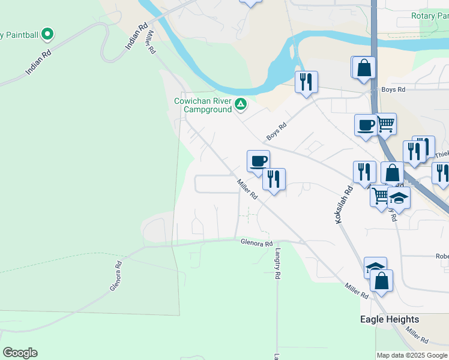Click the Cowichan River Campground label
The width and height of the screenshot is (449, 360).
[202, 106]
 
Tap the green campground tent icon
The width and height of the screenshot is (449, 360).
[240, 105]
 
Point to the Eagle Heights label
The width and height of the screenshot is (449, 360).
[390, 319]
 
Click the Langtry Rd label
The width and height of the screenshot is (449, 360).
[278, 265]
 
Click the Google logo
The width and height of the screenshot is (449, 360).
[20, 353]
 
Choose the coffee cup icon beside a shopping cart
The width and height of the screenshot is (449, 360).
[366, 125]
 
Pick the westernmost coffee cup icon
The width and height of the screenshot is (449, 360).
[258, 160]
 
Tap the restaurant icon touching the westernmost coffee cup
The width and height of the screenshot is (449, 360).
[274, 178]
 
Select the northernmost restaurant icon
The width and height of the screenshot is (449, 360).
[306, 81]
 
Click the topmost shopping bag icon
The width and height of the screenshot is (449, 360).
[364, 68]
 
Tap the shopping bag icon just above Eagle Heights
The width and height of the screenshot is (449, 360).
[381, 280]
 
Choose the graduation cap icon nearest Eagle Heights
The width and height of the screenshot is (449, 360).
[375, 267]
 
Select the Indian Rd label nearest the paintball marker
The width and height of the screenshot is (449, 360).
[37, 63]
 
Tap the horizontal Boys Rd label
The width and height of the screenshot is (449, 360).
[394, 89]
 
